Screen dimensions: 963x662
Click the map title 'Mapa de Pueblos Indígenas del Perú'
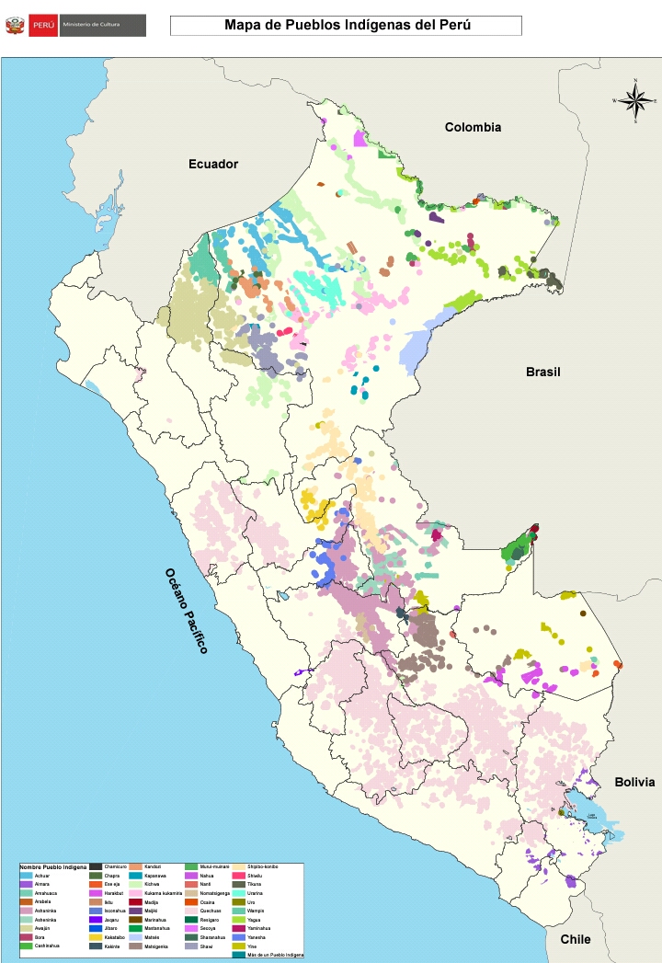(347, 26)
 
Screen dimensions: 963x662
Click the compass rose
(634, 99)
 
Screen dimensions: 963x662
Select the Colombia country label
(473, 127)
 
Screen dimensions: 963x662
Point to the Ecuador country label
(213, 164)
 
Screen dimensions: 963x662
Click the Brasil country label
(542, 372)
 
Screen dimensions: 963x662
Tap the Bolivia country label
(634, 782)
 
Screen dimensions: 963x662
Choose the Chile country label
(576, 939)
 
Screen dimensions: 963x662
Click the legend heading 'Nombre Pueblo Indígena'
(53, 867)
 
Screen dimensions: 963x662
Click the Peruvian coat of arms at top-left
(15, 26)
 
